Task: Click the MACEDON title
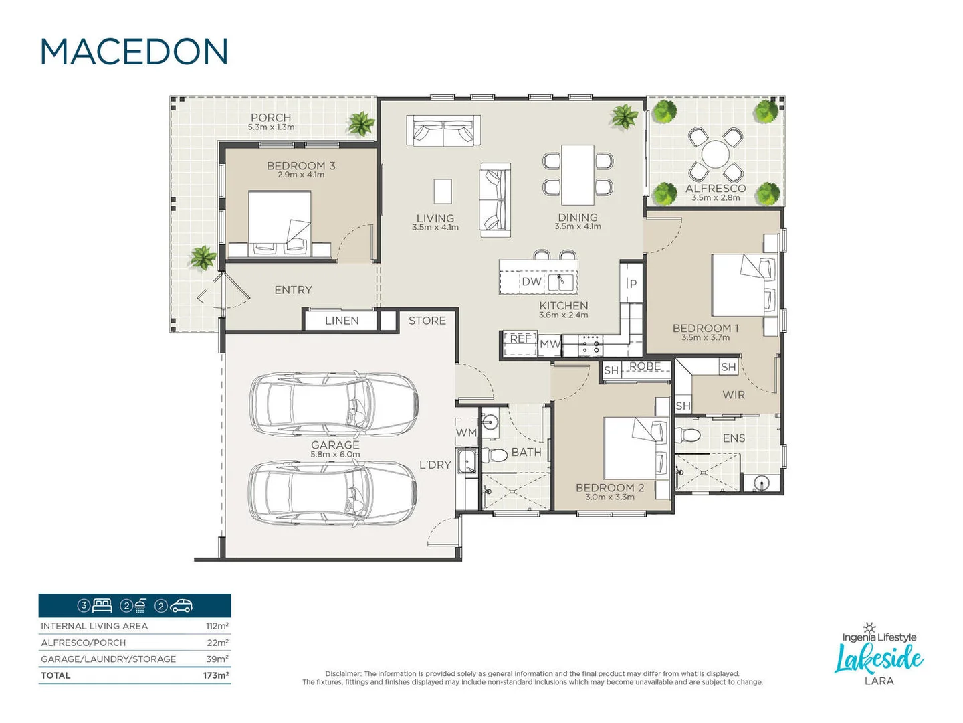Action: (134, 52)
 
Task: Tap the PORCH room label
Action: (271, 118)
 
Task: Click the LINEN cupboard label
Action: (342, 321)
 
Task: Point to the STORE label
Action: (427, 321)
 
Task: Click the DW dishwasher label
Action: (532, 282)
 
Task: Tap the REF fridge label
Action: (520, 339)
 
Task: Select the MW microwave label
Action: (550, 344)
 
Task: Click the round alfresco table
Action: (715, 154)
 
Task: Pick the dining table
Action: (578, 175)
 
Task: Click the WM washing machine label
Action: (466, 433)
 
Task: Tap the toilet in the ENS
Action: (689, 436)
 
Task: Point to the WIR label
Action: (733, 395)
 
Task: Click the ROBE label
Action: (645, 366)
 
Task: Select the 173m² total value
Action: (215, 675)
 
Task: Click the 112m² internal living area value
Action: (217, 626)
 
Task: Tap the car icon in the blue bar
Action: (181, 606)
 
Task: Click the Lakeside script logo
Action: (879, 659)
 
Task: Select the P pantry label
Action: (633, 284)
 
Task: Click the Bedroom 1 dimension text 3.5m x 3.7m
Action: (706, 337)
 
